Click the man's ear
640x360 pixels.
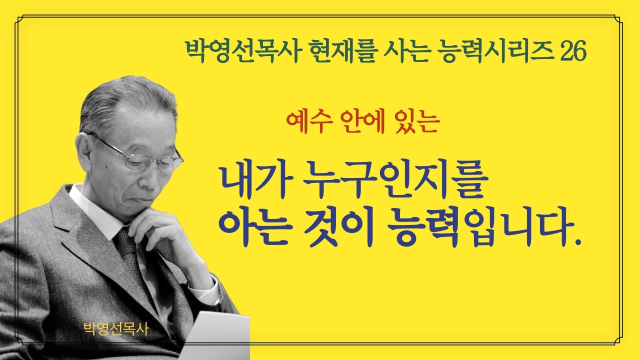(85, 150)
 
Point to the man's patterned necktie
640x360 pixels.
(130, 255)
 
